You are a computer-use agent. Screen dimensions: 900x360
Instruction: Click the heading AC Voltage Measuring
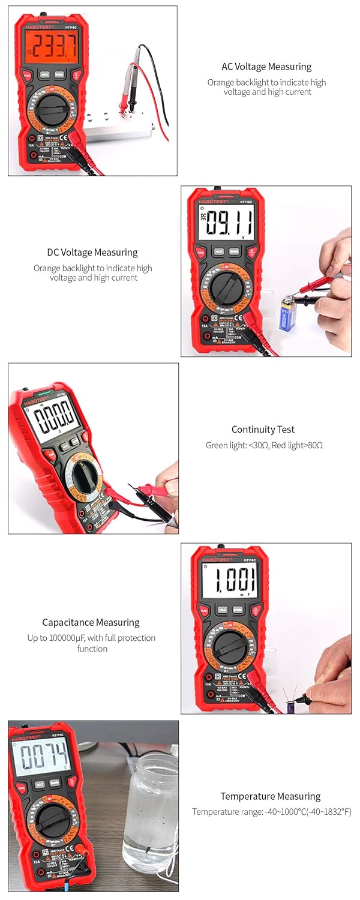point(266,67)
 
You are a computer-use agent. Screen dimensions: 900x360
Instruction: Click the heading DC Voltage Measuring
point(92,253)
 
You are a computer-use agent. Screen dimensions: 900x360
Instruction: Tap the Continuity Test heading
point(263,430)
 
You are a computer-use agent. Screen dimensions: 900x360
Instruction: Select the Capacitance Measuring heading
point(91,623)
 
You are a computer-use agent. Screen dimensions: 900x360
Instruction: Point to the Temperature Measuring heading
point(270,796)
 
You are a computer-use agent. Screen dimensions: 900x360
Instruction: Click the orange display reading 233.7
point(51,46)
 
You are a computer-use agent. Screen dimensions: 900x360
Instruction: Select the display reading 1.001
point(229,581)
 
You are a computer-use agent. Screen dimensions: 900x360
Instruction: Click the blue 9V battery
point(289,314)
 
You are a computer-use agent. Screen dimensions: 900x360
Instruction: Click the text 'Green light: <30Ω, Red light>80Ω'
point(264,445)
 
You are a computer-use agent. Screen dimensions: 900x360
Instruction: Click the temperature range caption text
point(271,812)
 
